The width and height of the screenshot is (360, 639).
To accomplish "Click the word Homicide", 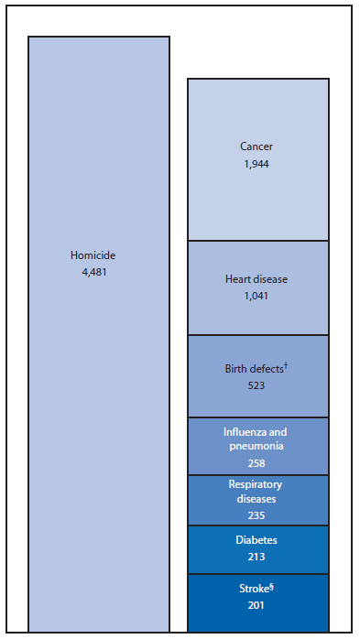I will [93, 255].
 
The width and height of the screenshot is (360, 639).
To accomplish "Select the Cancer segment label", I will [256, 146].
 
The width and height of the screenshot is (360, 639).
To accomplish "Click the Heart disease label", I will [257, 280].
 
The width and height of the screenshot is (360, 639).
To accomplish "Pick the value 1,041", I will [257, 297].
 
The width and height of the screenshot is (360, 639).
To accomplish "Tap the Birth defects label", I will [254, 370].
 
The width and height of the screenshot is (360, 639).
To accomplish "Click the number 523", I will [257, 386].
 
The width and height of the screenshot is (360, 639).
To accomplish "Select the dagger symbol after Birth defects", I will [287, 365].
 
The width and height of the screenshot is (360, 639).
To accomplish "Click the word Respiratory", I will [256, 485].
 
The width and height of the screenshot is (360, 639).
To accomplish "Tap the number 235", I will [257, 514].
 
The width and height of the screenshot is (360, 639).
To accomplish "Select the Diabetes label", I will [257, 540].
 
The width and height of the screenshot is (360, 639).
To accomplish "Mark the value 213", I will [257, 555].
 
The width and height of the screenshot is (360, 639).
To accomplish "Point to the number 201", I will [257, 605].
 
